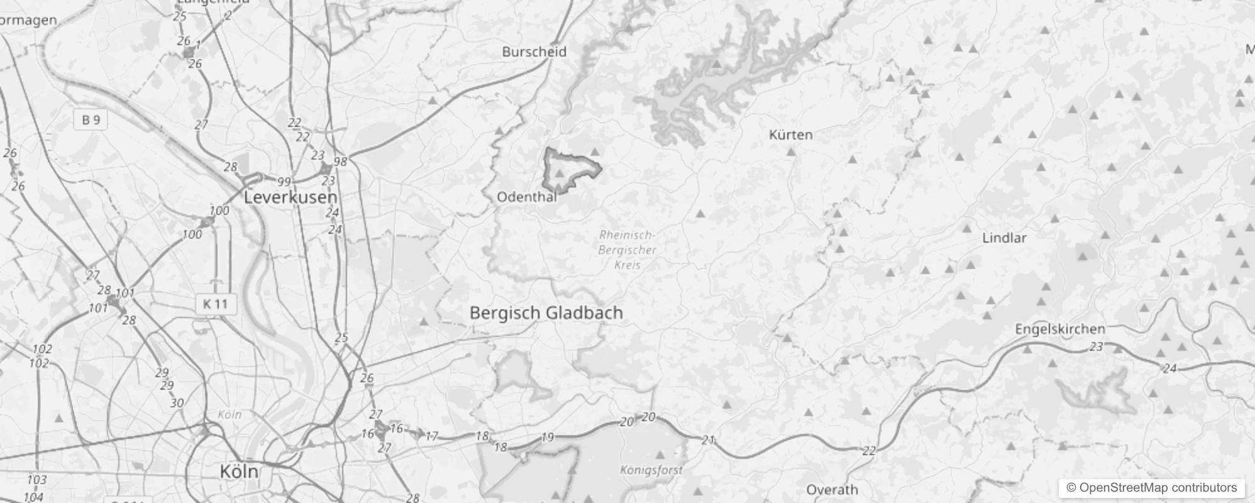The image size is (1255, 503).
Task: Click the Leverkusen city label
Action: pyautogui.click(x=290, y=197)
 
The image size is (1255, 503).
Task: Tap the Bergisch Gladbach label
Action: pyautogui.click(x=546, y=312)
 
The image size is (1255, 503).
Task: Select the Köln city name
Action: pyautogui.click(x=239, y=471)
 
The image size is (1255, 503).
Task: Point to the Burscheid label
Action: pyautogui.click(x=534, y=52)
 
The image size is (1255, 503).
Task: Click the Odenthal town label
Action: pyautogui.click(x=527, y=197)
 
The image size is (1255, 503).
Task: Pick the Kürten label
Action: pyautogui.click(x=791, y=135)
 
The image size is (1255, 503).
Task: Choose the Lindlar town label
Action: pyautogui.click(x=1004, y=238)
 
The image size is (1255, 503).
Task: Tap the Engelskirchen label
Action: pyautogui.click(x=1060, y=329)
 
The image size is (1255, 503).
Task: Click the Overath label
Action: pyautogui.click(x=832, y=489)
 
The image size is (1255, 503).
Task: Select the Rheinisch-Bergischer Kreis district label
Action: pyautogui.click(x=627, y=250)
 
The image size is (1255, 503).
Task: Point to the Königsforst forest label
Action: pyautogui.click(x=651, y=470)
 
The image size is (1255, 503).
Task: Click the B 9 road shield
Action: pyautogui.click(x=91, y=119)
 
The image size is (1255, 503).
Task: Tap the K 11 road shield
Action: pyautogui.click(x=215, y=304)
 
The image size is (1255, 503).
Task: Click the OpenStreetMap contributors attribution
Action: pyautogui.click(x=1151, y=487)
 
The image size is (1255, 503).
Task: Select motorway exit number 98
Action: pyautogui.click(x=340, y=162)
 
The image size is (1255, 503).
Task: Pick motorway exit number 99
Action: pyautogui.click(x=284, y=182)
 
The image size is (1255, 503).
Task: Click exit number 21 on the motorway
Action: pyautogui.click(x=708, y=440)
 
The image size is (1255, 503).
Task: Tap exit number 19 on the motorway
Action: pyautogui.click(x=548, y=437)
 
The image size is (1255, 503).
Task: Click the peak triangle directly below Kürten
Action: pyautogui.click(x=791, y=152)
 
